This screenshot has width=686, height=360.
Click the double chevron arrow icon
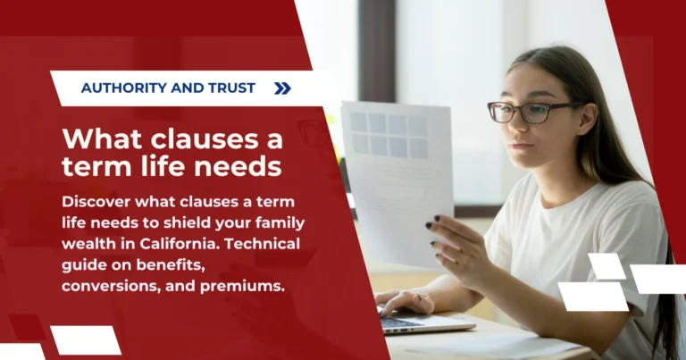point(282,88)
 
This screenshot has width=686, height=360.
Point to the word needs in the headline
point(240,167)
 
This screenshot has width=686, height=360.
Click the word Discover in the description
point(97,201)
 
